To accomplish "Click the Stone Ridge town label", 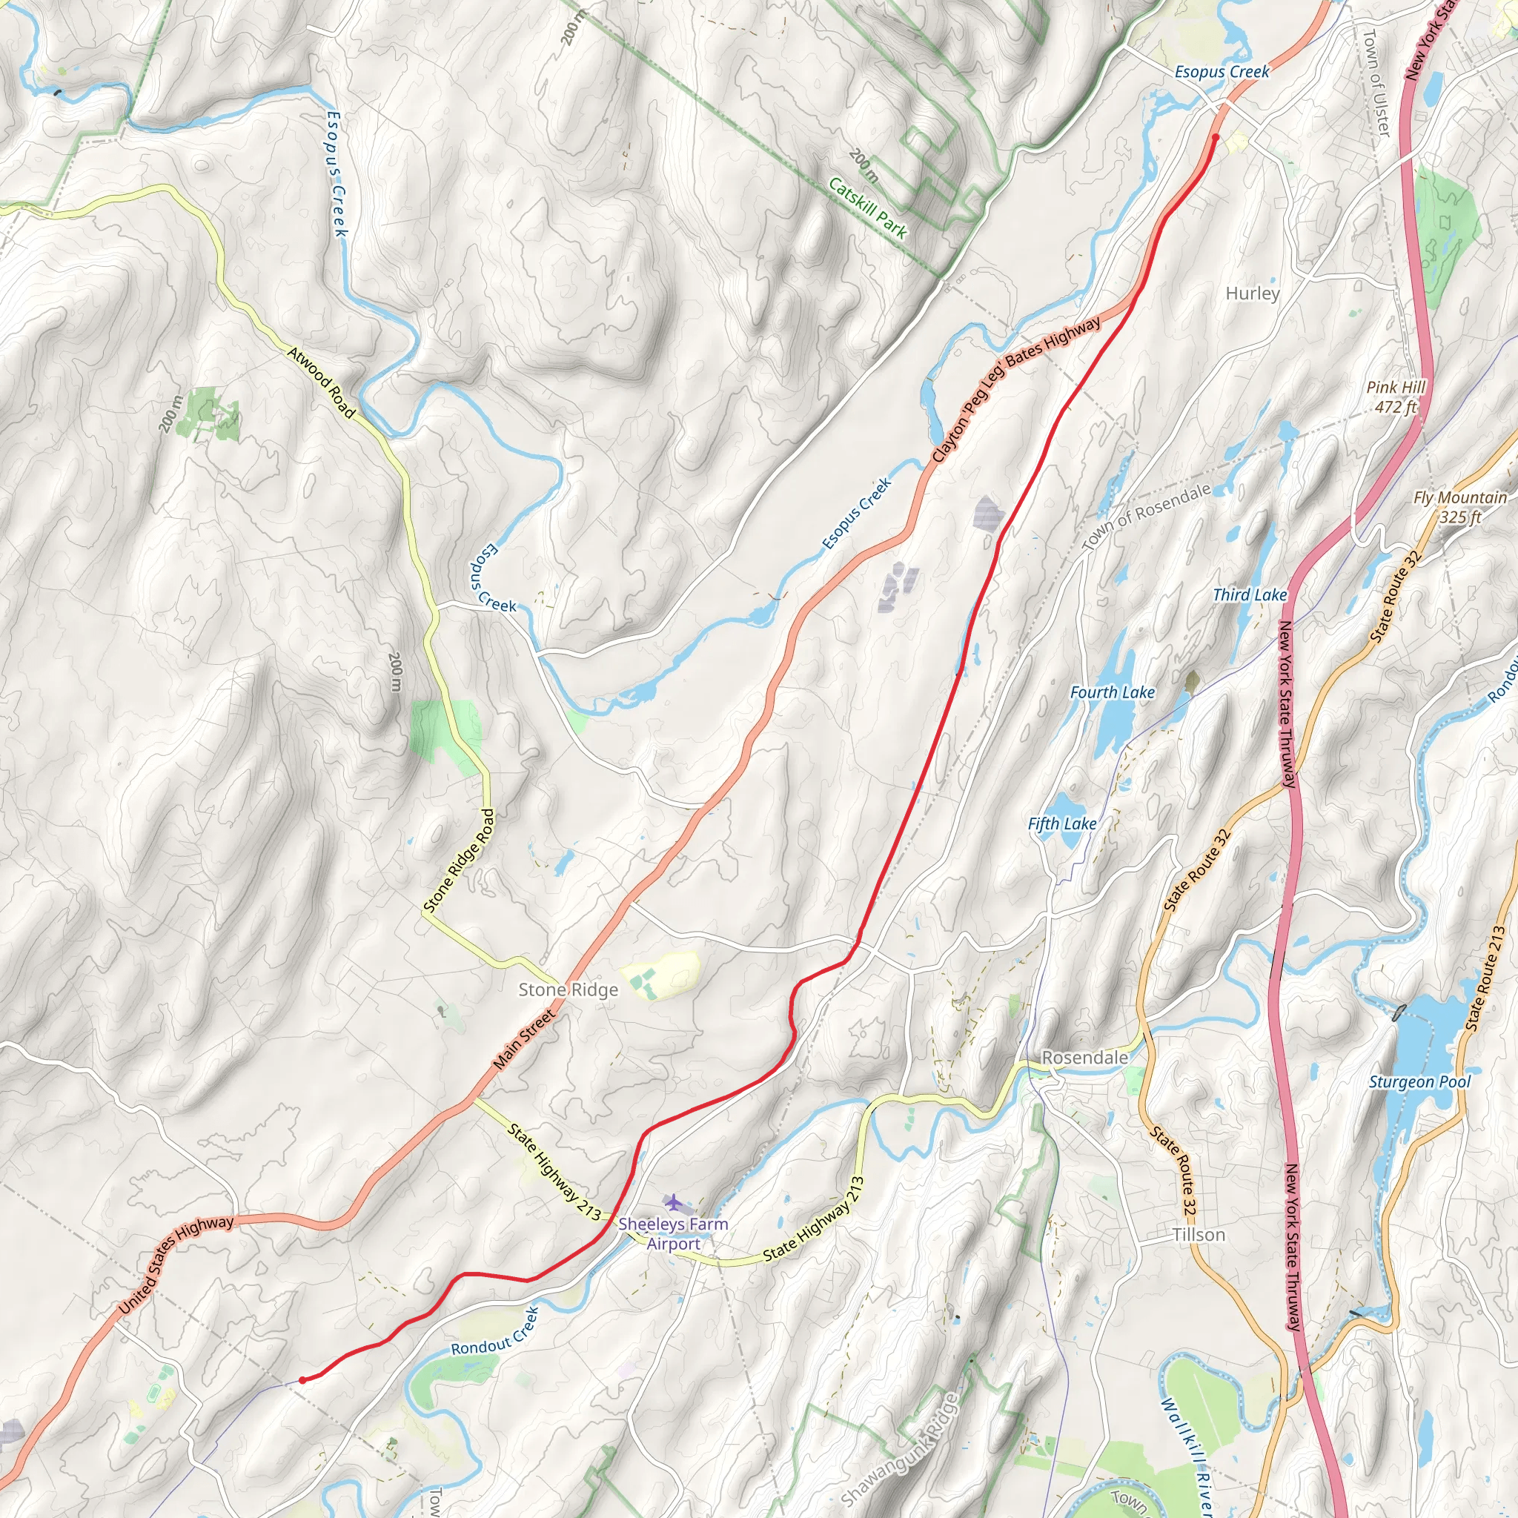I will pyautogui.click(x=568, y=990).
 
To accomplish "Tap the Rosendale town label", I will pyautogui.click(x=1084, y=1058).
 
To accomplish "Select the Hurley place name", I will pyautogui.click(x=1253, y=293).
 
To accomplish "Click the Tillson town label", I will pyautogui.click(x=1199, y=1234).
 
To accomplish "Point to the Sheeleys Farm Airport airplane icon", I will pyautogui.click(x=673, y=1202).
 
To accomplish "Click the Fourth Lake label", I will pyautogui.click(x=1112, y=692).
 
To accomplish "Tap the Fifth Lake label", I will pyautogui.click(x=1061, y=823).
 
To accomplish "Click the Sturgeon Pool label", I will pyautogui.click(x=1419, y=1082).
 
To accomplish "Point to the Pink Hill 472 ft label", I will pyautogui.click(x=1395, y=397).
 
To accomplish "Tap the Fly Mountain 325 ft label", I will pyautogui.click(x=1460, y=507).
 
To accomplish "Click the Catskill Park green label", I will pyautogui.click(x=867, y=208).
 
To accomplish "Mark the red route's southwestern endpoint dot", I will pyautogui.click(x=302, y=1379).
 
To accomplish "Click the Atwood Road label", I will pyautogui.click(x=322, y=382).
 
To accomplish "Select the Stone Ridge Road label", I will pyautogui.click(x=460, y=861).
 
